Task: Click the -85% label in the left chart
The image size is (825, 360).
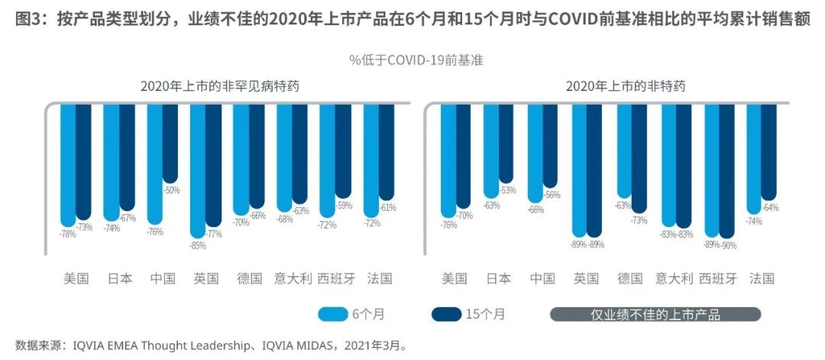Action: pyautogui.click(x=198, y=246)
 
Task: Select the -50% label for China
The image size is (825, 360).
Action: pyautogui.click(x=171, y=190)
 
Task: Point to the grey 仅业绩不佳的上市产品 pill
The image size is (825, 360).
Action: pyautogui.click(x=655, y=313)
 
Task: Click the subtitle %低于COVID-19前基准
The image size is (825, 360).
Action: pyautogui.click(x=416, y=59)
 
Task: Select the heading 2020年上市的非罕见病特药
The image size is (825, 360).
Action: pyautogui.click(x=219, y=86)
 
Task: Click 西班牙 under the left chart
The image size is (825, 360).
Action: pyautogui.click(x=336, y=278)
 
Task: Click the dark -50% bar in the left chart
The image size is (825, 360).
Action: pyautogui.click(x=170, y=142)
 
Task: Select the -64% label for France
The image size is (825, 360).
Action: pyautogui.click(x=769, y=208)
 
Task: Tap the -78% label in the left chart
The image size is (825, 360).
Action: pyautogui.click(x=67, y=234)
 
